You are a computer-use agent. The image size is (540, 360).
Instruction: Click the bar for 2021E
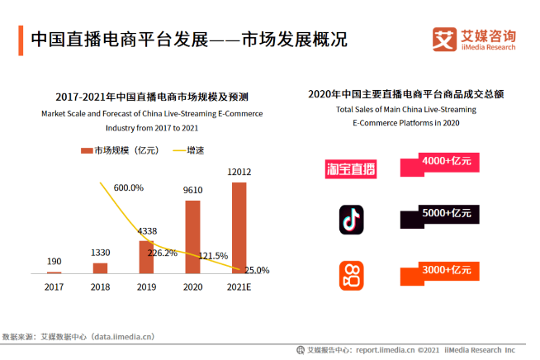[x=239, y=227]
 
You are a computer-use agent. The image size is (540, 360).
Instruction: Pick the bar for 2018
[x=101, y=268]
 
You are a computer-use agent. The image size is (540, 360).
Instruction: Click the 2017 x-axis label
[x=54, y=287]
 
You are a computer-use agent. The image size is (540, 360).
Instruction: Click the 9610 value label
[x=192, y=190]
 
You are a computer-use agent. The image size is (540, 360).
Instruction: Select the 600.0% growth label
[x=128, y=187]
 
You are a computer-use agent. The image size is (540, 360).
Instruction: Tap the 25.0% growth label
[x=256, y=270]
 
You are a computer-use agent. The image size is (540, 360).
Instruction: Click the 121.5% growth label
[x=213, y=255]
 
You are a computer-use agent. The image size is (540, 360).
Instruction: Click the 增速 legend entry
[x=188, y=150]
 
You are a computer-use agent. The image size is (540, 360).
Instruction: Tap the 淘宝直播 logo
[x=350, y=169]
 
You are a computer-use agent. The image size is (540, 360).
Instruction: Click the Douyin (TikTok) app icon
[x=351, y=219]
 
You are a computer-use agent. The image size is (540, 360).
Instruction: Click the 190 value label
[x=54, y=262]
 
